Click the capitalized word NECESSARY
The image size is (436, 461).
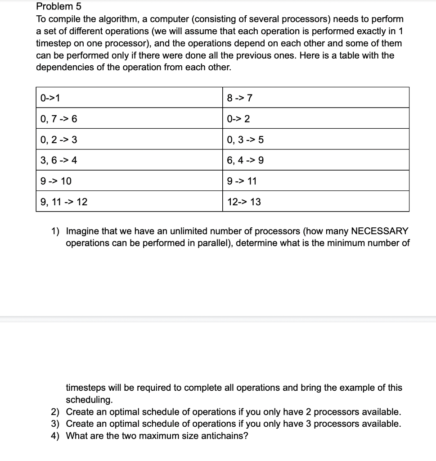click(x=379, y=231)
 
